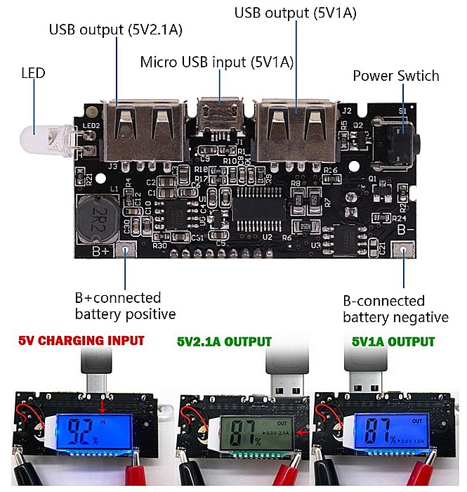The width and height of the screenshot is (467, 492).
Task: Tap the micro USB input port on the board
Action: click(x=220, y=115)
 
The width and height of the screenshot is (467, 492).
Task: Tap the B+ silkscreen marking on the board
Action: click(x=100, y=250)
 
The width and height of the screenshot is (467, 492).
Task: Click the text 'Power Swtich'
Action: click(x=395, y=76)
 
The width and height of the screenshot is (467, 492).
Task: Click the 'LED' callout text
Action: click(x=33, y=72)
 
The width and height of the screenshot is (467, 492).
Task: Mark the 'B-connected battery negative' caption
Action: click(x=395, y=309)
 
